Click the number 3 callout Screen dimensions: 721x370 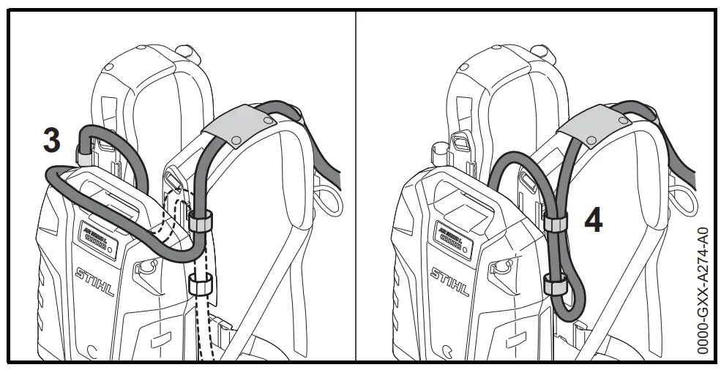pos(51,141)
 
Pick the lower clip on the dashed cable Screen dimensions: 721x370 pos(198,284)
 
